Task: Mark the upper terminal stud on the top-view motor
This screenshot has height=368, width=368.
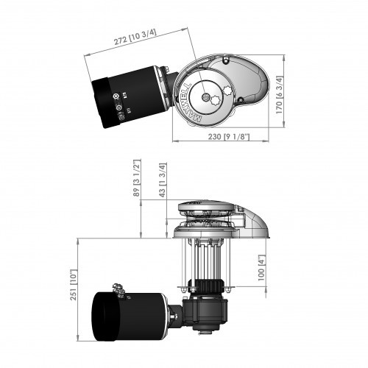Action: pos(116,96)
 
